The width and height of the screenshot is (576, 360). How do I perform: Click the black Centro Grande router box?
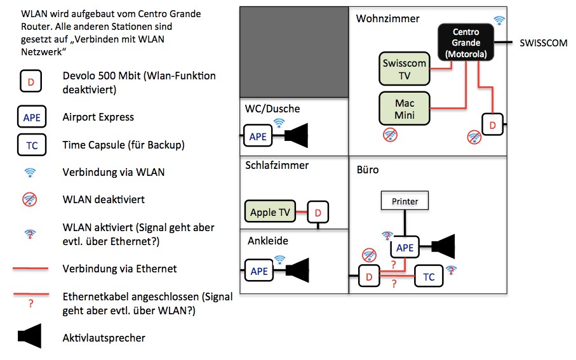point(466,43)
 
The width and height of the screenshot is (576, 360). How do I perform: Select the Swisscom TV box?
point(404,69)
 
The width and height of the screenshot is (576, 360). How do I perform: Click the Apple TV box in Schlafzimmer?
point(271,212)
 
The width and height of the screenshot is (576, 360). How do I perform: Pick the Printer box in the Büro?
point(405,201)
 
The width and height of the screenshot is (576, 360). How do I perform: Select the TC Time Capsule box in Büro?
point(429,276)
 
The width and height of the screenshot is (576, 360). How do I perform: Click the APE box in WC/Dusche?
point(258,136)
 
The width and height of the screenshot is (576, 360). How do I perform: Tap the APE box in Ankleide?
point(259,270)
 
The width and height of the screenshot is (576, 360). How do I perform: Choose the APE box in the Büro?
point(405,248)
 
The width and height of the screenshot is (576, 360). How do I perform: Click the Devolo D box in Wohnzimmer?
point(492,124)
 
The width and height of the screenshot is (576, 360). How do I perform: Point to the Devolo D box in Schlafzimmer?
point(318,212)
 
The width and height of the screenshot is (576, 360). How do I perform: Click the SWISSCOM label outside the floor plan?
point(543,43)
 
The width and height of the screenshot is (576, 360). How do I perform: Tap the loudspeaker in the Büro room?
point(446,247)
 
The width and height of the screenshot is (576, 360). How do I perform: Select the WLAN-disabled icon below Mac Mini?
point(391,135)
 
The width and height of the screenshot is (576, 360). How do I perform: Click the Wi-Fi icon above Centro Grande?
point(499,20)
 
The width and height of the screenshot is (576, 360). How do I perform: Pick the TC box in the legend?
point(31,145)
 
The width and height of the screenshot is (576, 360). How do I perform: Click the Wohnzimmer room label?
point(387,18)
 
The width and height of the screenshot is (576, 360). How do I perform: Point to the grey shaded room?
point(294,52)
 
